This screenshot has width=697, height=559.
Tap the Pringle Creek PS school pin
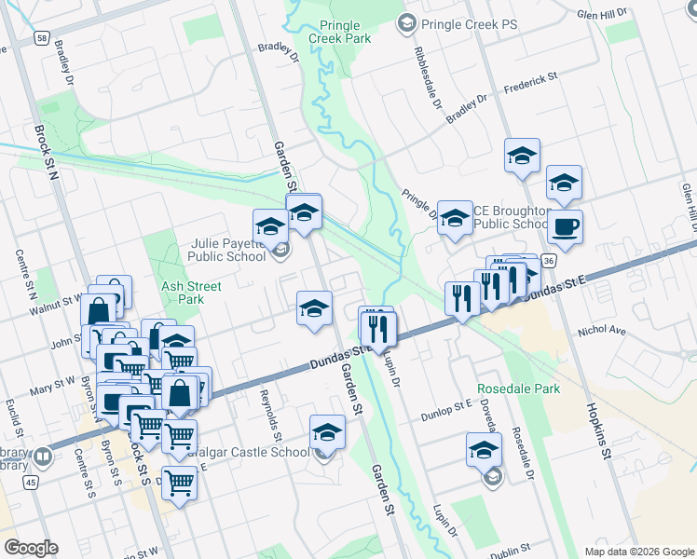(406, 22)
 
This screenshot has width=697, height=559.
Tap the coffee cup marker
(565, 226)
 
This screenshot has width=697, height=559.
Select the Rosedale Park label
(519, 389)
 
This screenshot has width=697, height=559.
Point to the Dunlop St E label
(446, 408)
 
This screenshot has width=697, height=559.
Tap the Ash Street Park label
(183, 293)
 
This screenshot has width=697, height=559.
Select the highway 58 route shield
(43, 38)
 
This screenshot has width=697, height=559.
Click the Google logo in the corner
(31, 548)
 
